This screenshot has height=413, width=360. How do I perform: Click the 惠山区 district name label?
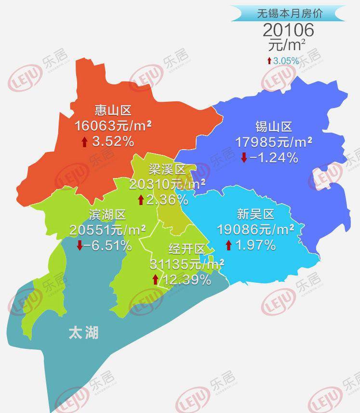(113, 110)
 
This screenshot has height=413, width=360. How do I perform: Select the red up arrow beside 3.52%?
(84, 141)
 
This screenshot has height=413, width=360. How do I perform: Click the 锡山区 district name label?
(274, 127)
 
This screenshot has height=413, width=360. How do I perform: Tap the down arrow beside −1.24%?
(244, 158)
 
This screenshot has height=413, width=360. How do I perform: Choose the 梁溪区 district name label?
(167, 169)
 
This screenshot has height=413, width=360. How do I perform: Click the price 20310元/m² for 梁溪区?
(167, 184)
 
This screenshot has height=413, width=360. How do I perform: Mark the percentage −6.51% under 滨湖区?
(107, 246)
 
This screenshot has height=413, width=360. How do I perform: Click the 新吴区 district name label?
(255, 214)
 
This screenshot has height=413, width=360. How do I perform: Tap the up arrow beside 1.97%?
(228, 245)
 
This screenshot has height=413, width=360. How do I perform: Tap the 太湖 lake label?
(83, 332)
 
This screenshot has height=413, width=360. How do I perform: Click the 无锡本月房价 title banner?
(289, 14)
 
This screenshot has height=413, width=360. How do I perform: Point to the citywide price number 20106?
(289, 30)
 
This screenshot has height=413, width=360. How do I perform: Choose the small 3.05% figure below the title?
(286, 61)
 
